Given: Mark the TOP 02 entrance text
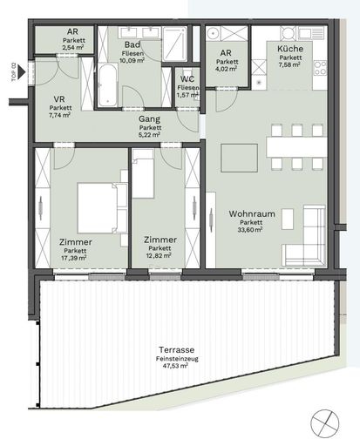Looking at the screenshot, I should click(x=12, y=70).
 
